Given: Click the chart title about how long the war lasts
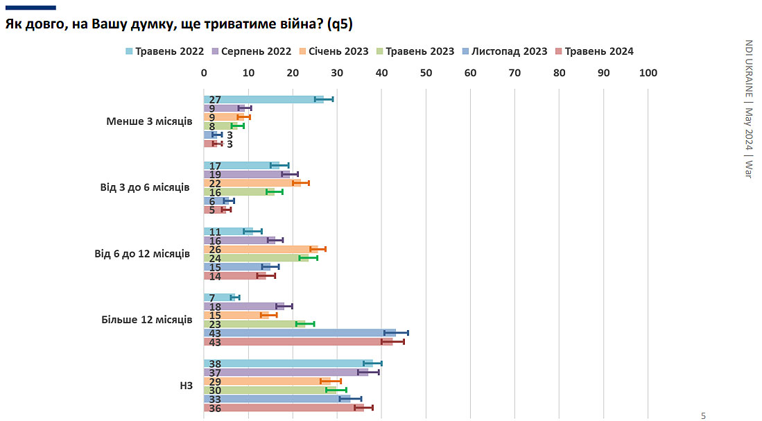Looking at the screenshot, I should [180, 25].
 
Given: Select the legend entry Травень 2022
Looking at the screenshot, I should [165, 51].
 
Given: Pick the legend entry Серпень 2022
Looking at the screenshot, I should [251, 51].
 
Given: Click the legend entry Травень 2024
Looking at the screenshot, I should [594, 51].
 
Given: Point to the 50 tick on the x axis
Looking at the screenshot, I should [426, 73].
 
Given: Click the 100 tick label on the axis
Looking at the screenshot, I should [648, 73].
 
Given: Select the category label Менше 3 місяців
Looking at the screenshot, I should [149, 121].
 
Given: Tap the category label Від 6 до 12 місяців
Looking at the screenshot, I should [143, 254].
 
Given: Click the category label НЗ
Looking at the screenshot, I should [186, 386].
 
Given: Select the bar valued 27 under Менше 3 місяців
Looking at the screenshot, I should [263, 99].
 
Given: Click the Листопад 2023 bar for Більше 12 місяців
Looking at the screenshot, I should [300, 333].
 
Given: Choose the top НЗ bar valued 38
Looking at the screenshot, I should [288, 363].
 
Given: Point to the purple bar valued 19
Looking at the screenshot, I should [247, 174].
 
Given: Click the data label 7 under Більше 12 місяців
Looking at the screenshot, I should [211, 298].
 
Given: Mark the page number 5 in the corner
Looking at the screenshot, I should [703, 415].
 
